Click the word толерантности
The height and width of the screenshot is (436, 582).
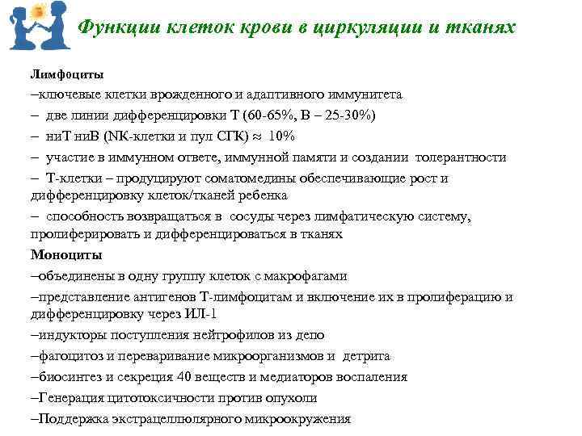tap(462, 157)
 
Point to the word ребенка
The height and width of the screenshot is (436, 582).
tap(259, 195)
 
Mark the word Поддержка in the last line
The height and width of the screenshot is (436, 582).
tap(70, 418)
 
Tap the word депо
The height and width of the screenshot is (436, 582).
tap(310, 334)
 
